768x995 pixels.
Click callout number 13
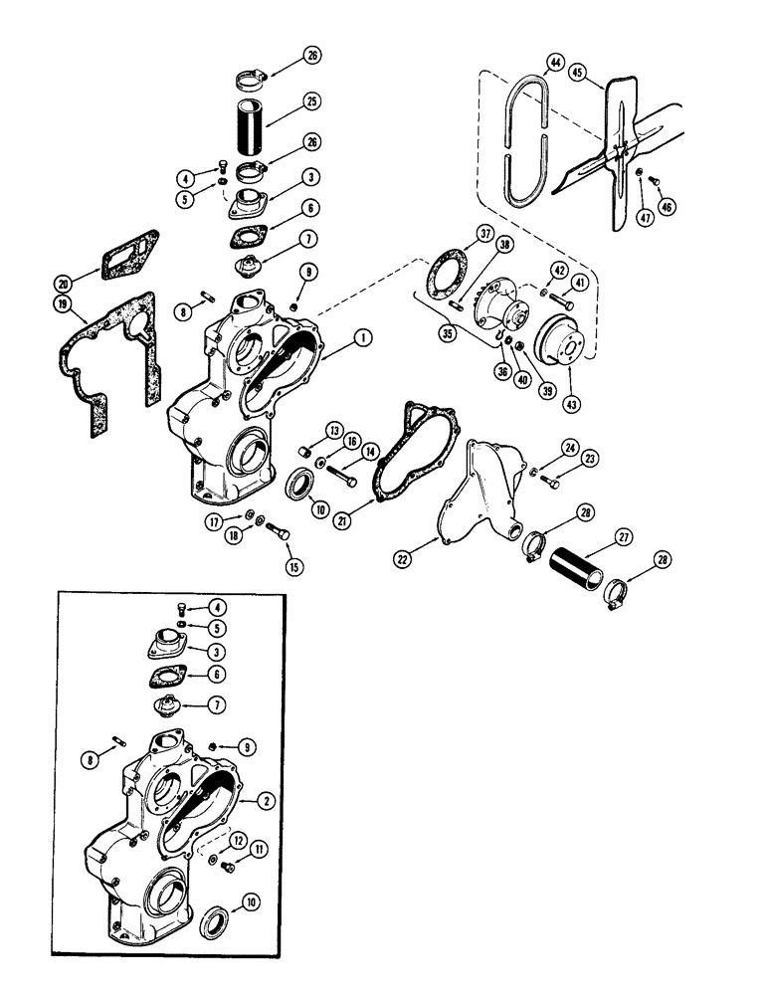pyautogui.click(x=307, y=429)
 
